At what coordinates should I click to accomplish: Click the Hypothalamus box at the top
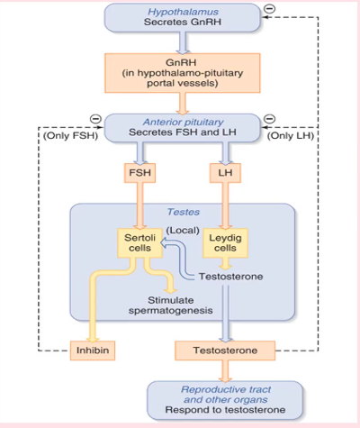tap(182, 17)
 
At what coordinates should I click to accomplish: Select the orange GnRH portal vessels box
tap(183, 73)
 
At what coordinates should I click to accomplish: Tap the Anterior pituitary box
tap(182, 128)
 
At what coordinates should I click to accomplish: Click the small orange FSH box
tap(139, 173)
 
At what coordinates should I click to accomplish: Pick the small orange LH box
tap(225, 173)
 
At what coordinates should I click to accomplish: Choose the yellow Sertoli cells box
tap(139, 243)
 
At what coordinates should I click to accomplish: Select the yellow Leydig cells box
tap(225, 243)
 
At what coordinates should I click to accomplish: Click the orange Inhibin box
tap(93, 351)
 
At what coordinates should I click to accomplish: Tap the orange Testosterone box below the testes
tap(225, 351)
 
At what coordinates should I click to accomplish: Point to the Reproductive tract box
tap(225, 400)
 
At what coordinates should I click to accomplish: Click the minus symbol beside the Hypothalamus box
tap(269, 9)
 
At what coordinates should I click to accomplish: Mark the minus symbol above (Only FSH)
tap(95, 119)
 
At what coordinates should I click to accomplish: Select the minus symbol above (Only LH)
tap(269, 119)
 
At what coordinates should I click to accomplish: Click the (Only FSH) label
tap(70, 136)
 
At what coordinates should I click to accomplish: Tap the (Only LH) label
tap(291, 136)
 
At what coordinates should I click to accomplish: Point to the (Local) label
tap(183, 231)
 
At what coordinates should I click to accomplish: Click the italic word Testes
tap(184, 212)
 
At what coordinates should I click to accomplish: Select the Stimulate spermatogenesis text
tap(171, 305)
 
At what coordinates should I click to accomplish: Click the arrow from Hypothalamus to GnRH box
tap(183, 43)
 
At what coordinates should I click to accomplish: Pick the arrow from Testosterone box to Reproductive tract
tap(225, 371)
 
